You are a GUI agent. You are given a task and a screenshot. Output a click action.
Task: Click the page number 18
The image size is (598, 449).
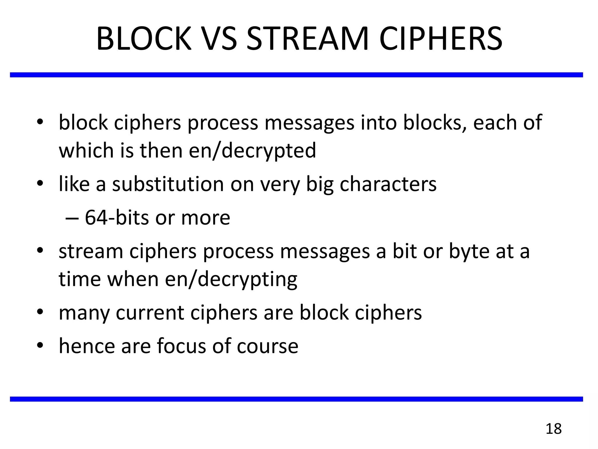pos(553,429)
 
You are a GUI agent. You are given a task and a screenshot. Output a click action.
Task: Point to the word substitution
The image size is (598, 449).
pos(168,184)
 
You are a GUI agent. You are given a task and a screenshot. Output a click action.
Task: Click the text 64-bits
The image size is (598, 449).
pos(116,217)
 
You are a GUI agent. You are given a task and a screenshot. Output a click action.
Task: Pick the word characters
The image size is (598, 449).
pos(388,184)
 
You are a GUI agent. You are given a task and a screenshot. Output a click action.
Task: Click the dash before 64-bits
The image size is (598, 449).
pos(72,218)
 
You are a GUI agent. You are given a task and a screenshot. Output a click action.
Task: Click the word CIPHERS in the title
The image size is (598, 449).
pos(441,39)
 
